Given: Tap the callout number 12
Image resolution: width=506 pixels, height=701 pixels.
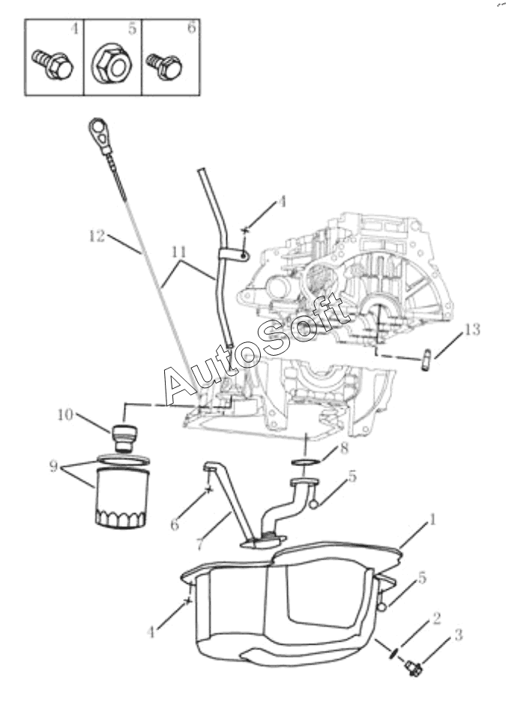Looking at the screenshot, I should point(96,236).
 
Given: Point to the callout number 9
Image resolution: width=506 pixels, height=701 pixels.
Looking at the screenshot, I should point(53,466).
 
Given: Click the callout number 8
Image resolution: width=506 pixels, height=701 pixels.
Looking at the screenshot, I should point(344,449).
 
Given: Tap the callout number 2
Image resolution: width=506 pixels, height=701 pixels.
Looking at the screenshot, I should point(435,618).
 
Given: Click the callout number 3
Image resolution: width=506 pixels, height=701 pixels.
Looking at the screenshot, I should point(458,635).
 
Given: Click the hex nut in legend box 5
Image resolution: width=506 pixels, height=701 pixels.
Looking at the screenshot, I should point(112,68).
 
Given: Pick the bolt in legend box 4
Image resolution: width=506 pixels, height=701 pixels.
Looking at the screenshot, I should point(52,65).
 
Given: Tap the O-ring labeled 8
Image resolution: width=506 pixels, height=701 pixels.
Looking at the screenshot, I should point(307,460).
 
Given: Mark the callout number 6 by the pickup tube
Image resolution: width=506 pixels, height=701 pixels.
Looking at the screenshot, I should point(175,525).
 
